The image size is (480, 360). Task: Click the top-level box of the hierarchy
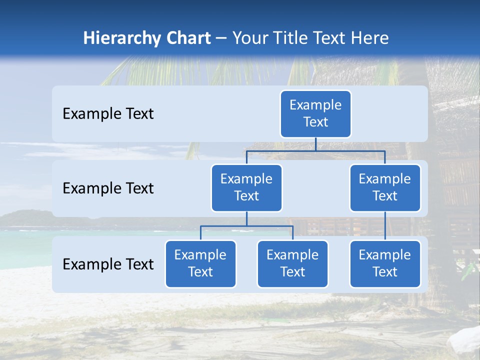(x=315, y=113)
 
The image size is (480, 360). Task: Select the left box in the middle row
(x=246, y=187)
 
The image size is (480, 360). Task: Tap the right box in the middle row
(x=385, y=187)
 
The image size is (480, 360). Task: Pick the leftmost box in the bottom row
(x=200, y=263)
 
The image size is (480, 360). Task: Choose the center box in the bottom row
(x=292, y=263)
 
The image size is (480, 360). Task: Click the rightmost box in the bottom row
(x=385, y=263)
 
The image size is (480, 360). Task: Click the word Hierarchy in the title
(x=122, y=38)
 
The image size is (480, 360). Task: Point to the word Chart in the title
(x=188, y=38)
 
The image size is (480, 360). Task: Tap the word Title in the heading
(x=286, y=38)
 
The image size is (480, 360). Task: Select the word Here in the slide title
(x=369, y=38)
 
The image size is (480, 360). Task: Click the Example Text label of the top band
(x=108, y=114)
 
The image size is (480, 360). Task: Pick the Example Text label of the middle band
(x=108, y=188)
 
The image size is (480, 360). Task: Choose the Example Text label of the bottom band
(x=108, y=264)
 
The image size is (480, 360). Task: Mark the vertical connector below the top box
(x=315, y=144)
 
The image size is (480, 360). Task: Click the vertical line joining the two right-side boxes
(x=385, y=226)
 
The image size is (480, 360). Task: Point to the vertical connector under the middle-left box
(x=246, y=219)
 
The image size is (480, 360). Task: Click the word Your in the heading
(x=249, y=38)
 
